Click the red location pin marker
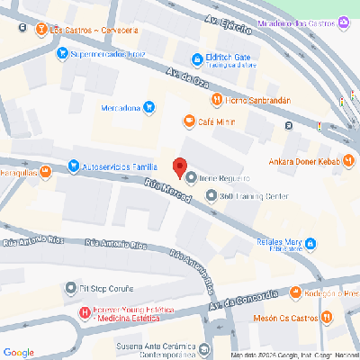click(x=179, y=166)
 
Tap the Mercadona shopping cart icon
click(x=149, y=109)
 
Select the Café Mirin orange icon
click(x=189, y=121)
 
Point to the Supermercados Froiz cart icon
click(x=61, y=54)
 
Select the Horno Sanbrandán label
click(x=263, y=101)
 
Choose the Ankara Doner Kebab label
click(x=307, y=163)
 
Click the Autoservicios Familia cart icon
click(x=73, y=166)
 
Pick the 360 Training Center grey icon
click(x=211, y=194)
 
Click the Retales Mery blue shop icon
click(x=310, y=243)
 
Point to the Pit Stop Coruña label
click(x=106, y=288)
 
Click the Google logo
click(x=19, y=351)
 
